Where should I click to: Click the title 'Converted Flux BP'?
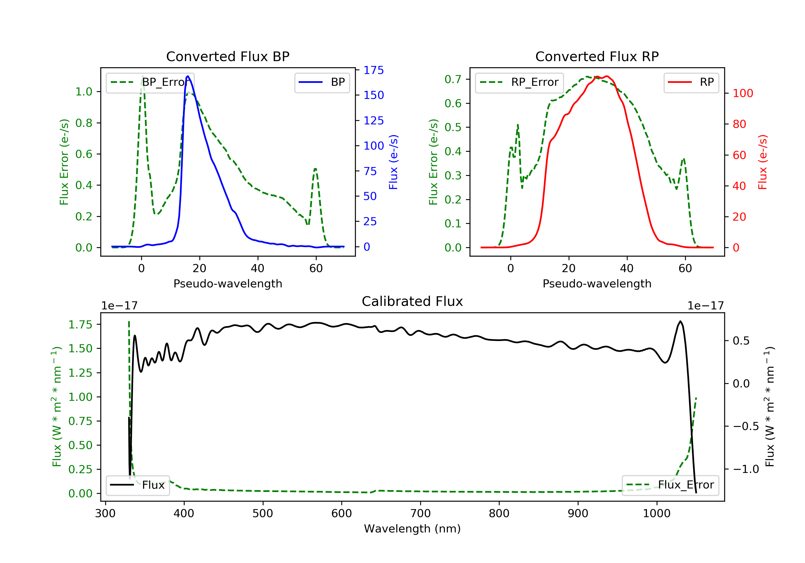[x=228, y=56]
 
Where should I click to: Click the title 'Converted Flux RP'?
[x=597, y=56]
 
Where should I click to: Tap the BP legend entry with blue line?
[x=322, y=82]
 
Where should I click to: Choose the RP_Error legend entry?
[x=519, y=82]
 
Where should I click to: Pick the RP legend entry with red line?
[x=691, y=82]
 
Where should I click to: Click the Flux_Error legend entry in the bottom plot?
[x=670, y=485]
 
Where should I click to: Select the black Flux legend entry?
[x=137, y=485]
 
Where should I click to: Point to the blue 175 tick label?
[x=374, y=70]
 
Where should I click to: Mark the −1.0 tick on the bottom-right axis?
[x=746, y=469]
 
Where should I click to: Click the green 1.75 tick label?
[x=80, y=324]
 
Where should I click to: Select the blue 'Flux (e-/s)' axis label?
[x=393, y=162]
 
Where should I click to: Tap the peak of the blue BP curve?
[x=188, y=76]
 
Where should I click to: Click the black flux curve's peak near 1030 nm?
[x=680, y=321]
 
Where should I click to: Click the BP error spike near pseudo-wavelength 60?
[x=315, y=169]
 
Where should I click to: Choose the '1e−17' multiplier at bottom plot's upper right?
[x=705, y=306]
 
